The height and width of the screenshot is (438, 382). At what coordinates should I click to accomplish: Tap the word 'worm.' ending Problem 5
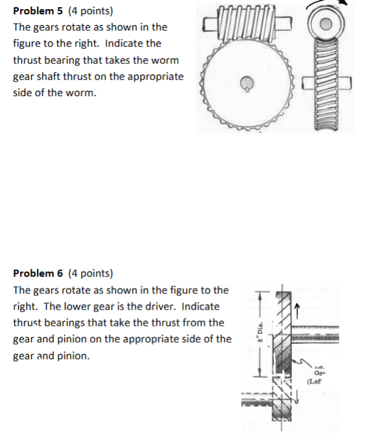[82, 93]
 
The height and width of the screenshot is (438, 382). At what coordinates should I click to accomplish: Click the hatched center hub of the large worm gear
[247, 83]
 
